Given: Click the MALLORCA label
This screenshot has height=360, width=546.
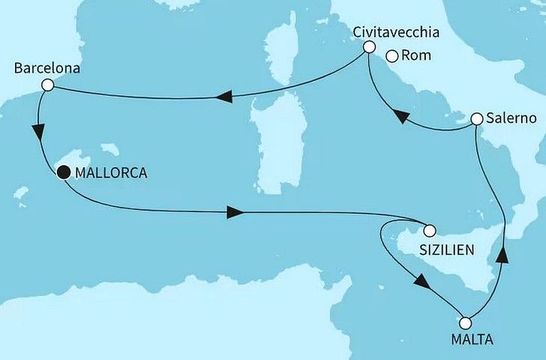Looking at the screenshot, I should [x=111, y=172].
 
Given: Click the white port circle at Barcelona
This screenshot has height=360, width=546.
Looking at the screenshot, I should [x=47, y=85].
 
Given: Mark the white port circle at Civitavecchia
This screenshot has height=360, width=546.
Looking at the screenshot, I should [x=368, y=47].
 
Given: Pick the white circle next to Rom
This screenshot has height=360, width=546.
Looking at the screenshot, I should [x=391, y=55].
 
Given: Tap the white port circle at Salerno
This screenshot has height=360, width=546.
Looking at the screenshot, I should [x=477, y=118].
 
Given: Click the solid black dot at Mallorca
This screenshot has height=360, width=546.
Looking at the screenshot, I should [x=64, y=172].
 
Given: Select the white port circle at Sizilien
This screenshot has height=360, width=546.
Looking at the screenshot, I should [x=430, y=230].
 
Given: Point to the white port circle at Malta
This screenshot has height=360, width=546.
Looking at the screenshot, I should [x=466, y=322].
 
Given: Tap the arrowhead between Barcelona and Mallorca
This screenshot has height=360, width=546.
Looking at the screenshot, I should [x=37, y=131].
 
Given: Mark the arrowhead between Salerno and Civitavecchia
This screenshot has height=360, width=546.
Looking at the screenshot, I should [x=401, y=117].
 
